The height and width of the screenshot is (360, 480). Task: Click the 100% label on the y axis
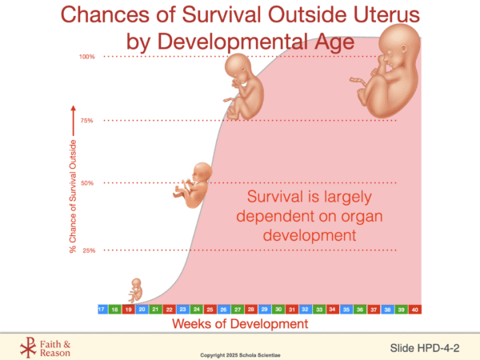pyautogui.click(x=86, y=57)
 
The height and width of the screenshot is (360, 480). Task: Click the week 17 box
pyautogui.click(x=101, y=309)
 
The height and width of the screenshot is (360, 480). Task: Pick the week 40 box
pyautogui.click(x=415, y=309)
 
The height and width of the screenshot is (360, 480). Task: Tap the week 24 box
pyautogui.click(x=197, y=309)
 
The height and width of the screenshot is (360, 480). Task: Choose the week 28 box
pyautogui.click(x=251, y=309)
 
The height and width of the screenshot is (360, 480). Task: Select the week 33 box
pyautogui.click(x=319, y=309)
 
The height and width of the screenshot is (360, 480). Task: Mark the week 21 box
pyautogui.click(x=156, y=309)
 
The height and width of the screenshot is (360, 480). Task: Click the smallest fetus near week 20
pyautogui.click(x=137, y=290)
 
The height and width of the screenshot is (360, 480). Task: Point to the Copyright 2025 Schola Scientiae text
pyautogui.click(x=239, y=353)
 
